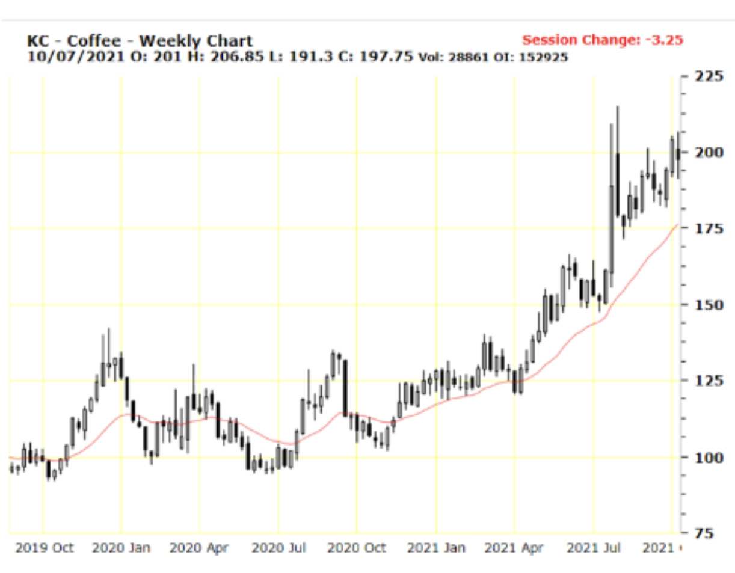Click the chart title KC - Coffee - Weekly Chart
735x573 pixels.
[x=140, y=41]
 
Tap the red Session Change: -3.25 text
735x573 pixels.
[x=603, y=40]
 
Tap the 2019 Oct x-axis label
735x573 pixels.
[x=44, y=548]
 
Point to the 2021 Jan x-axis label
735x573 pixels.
[x=436, y=548]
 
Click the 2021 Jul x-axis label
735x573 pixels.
[x=594, y=548]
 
